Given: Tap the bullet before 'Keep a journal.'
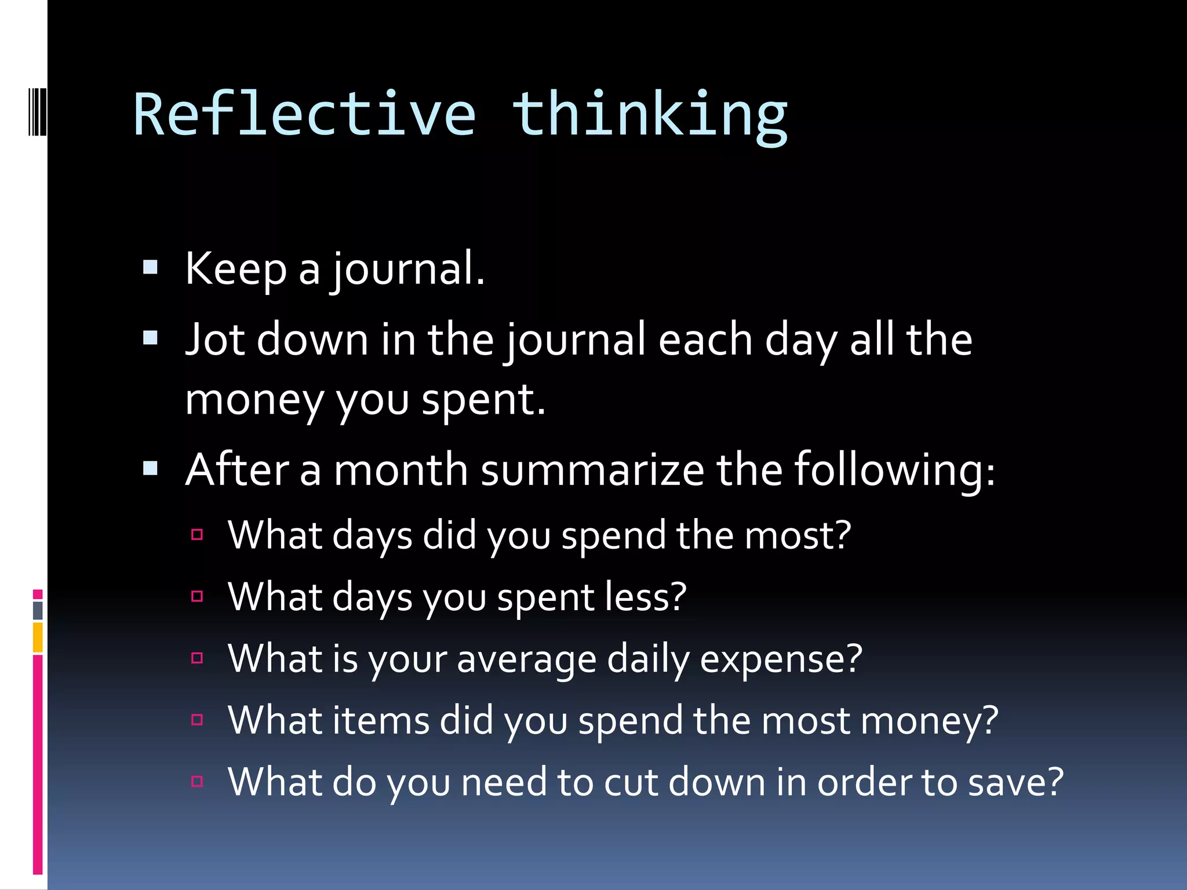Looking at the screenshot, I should pyautogui.click(x=150, y=267).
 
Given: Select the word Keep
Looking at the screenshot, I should pyautogui.click(x=235, y=269).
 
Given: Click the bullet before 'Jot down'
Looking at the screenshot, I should pyautogui.click(x=150, y=338).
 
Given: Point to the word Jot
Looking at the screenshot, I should pyautogui.click(x=214, y=340).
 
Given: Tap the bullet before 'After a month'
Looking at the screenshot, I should pyautogui.click(x=150, y=468).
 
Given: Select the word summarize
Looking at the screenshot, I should pyautogui.click(x=592, y=469).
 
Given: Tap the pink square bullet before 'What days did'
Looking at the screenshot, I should pyautogui.click(x=197, y=534).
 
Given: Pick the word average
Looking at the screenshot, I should pyautogui.click(x=526, y=660).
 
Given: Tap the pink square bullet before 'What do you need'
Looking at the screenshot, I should pyautogui.click(x=197, y=781).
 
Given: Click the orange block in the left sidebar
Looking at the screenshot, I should pyautogui.click(x=38, y=637).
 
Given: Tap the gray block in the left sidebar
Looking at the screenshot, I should pyautogui.click(x=38, y=610).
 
